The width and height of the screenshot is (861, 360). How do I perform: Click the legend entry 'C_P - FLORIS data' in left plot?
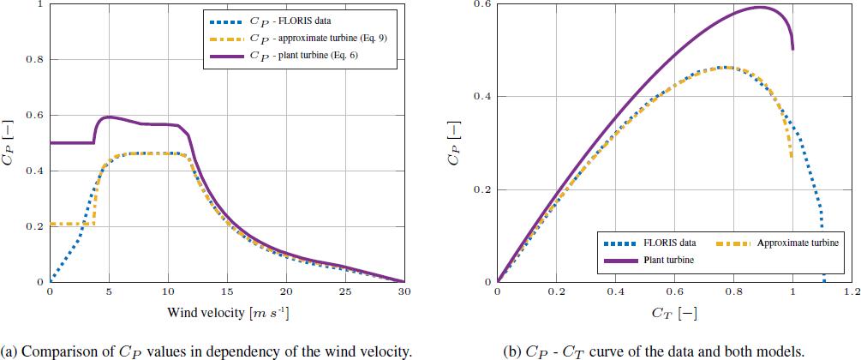291,17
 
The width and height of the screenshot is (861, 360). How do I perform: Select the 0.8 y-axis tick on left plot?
35,60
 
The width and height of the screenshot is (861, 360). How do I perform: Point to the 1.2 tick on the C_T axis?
851,292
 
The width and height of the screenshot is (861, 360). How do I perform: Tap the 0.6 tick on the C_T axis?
674,292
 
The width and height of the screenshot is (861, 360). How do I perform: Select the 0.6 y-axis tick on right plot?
483,4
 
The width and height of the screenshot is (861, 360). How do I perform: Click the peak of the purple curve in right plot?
760,7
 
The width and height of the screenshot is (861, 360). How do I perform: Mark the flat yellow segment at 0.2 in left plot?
72,225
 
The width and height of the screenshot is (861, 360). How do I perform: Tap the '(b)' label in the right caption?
512,350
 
